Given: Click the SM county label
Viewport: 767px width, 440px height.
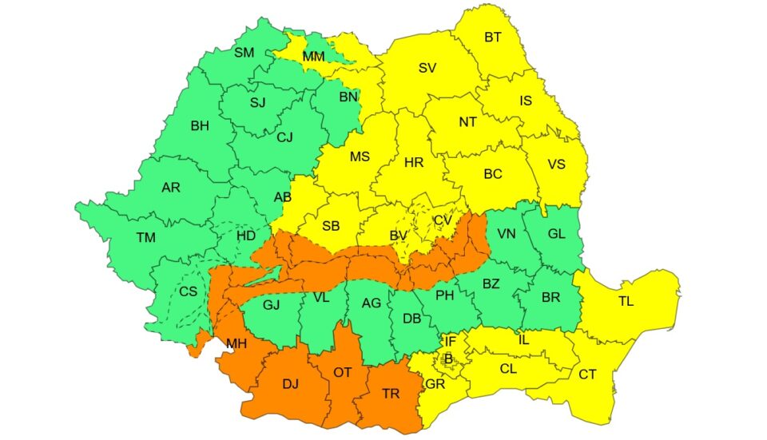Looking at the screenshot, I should point(244,53).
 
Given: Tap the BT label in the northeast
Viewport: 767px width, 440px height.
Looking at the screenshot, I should point(494,37).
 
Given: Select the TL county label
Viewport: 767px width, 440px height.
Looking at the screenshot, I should point(626,302).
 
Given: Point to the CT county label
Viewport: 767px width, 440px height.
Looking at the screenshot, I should point(587,374).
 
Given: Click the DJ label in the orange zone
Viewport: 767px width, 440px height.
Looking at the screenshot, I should point(291,384).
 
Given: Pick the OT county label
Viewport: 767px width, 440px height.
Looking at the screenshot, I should point(342,372).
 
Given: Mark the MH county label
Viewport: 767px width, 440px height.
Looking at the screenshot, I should point(236,344).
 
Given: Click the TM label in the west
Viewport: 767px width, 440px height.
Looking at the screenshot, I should point(145,237).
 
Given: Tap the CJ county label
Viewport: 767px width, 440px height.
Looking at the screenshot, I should point(285,137).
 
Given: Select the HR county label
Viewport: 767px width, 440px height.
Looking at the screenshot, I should point(414,162).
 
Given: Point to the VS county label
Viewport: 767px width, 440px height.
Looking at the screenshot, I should point(556,165).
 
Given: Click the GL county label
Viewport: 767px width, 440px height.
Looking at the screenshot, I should point(557,234).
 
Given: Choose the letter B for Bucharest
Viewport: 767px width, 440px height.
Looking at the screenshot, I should point(448,359).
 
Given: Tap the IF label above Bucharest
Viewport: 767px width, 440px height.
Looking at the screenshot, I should point(451,341).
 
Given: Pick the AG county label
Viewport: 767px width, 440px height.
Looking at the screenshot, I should point(372,303).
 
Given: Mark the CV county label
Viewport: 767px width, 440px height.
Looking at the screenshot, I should point(442,220).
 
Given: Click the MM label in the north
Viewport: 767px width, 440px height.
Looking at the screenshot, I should point(313,57).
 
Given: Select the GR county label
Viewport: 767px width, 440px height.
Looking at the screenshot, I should point(436,383).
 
